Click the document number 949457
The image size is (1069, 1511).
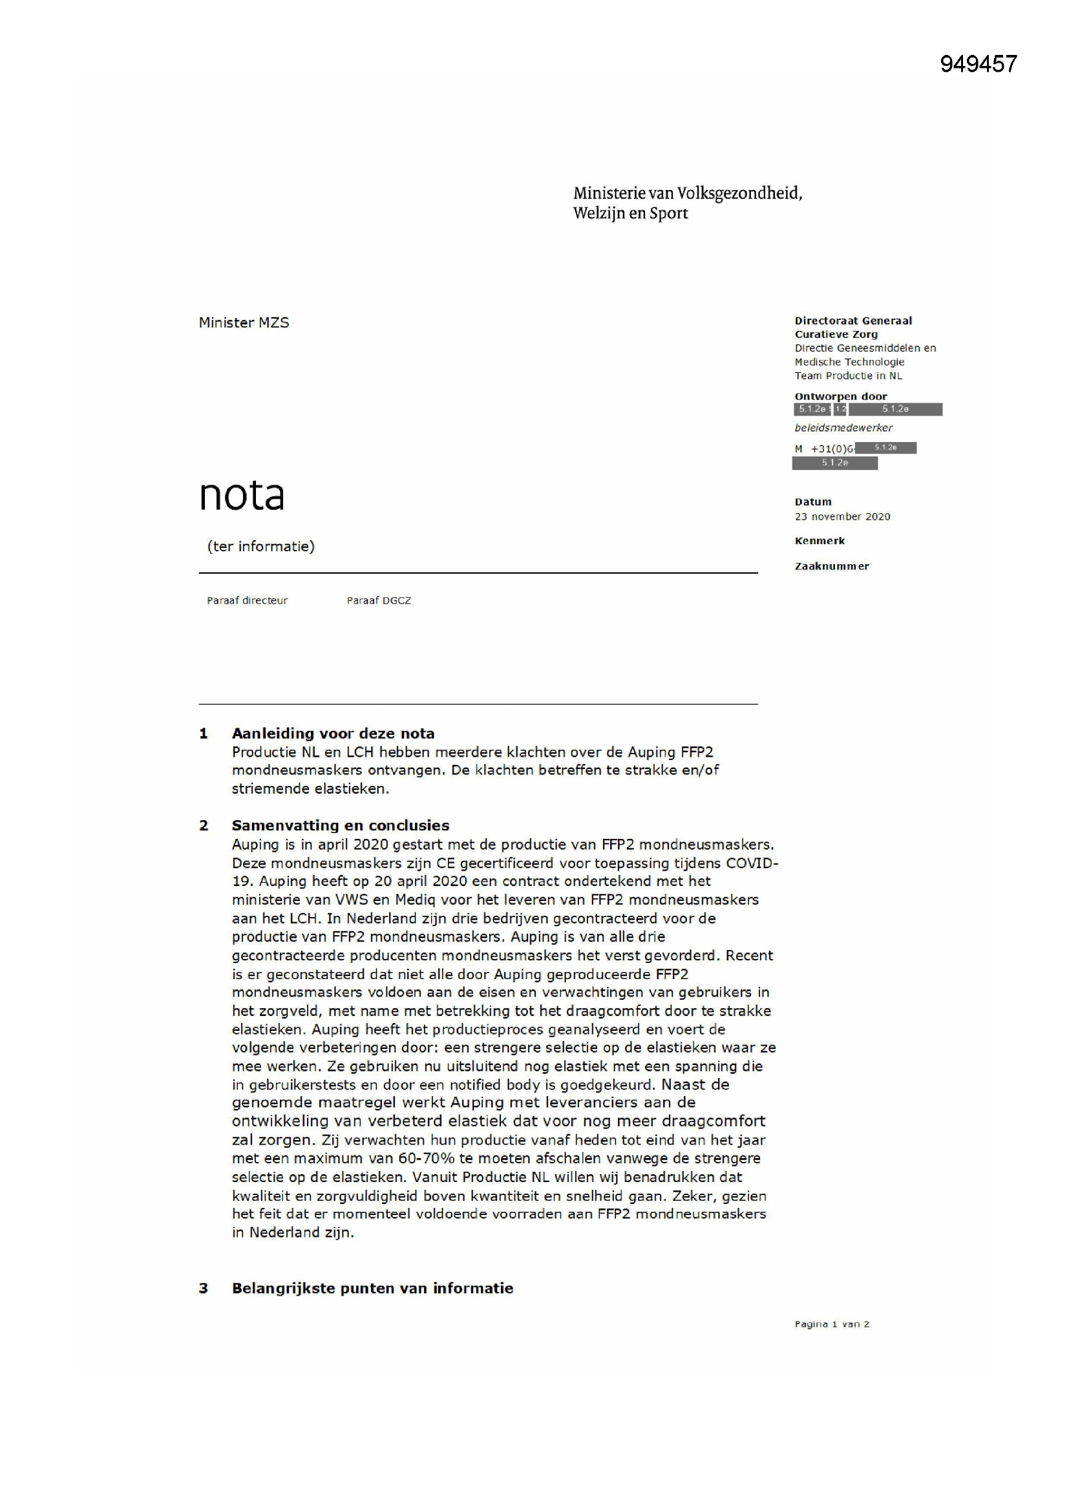pos(978,64)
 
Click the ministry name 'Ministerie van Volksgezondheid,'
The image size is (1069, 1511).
pos(687,193)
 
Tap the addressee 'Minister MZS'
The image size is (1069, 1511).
pos(244,322)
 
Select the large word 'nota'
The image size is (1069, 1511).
pos(242,495)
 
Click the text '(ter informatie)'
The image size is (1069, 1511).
pos(260,546)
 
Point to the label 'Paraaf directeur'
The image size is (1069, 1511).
pos(247,600)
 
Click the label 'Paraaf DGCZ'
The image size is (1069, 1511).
pos(379,600)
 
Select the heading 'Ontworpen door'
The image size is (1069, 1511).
pos(841,396)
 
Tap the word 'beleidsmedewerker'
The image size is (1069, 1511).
pos(843,428)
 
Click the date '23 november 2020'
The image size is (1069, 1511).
pos(842,516)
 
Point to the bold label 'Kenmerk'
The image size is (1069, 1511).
pos(820,541)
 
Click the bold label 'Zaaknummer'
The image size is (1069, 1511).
pos(831,566)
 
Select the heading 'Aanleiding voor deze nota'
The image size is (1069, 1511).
pos(333,733)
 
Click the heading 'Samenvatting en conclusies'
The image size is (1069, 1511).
pos(341,825)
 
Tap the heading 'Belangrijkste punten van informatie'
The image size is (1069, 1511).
pos(372,1288)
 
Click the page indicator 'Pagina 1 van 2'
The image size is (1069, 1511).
pos(831,1324)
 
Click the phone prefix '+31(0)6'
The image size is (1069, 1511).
pos(832,449)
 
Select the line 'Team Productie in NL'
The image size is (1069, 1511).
pos(848,375)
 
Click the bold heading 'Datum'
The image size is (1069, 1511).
pos(812,502)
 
